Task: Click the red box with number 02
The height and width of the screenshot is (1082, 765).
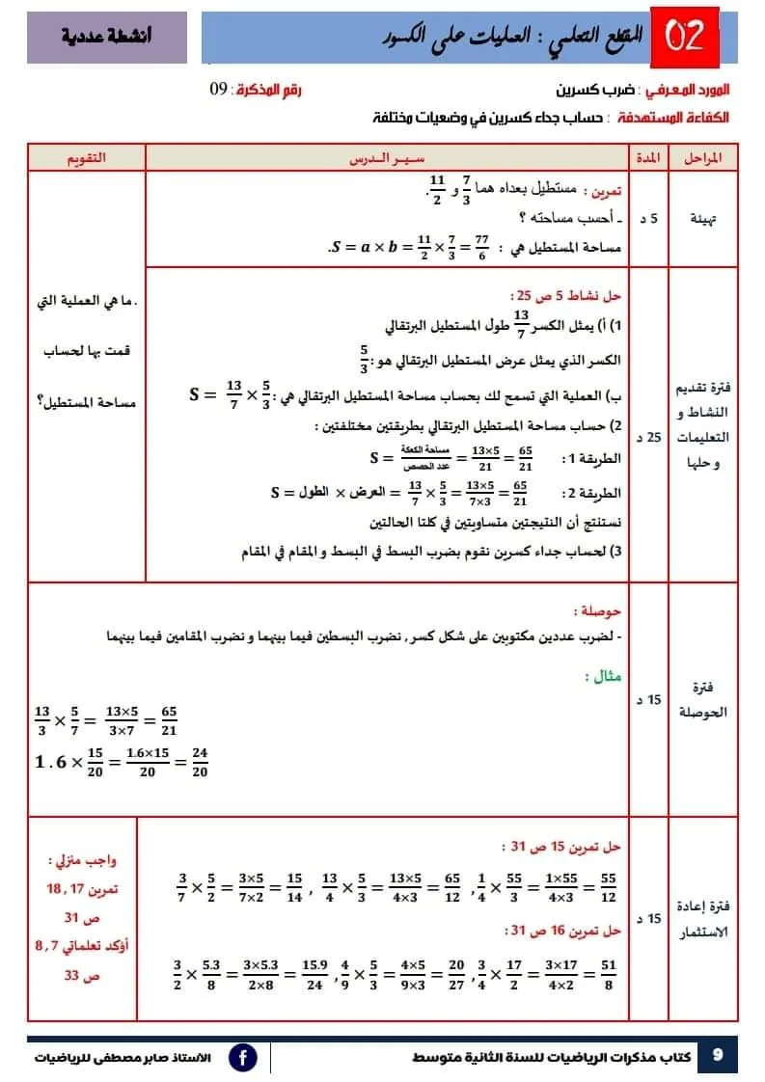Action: [x=693, y=38]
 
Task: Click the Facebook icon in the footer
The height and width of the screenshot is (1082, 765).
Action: [x=243, y=1057]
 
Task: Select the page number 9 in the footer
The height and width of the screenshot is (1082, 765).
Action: [x=717, y=1055]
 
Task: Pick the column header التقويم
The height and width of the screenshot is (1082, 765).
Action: [x=86, y=157]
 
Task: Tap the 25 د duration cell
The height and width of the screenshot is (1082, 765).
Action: [x=652, y=438]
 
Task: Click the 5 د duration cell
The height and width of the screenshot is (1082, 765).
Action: [x=653, y=219]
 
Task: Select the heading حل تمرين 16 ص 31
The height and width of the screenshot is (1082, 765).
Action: [x=563, y=931]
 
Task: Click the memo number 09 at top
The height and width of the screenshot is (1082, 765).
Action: [x=219, y=90]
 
